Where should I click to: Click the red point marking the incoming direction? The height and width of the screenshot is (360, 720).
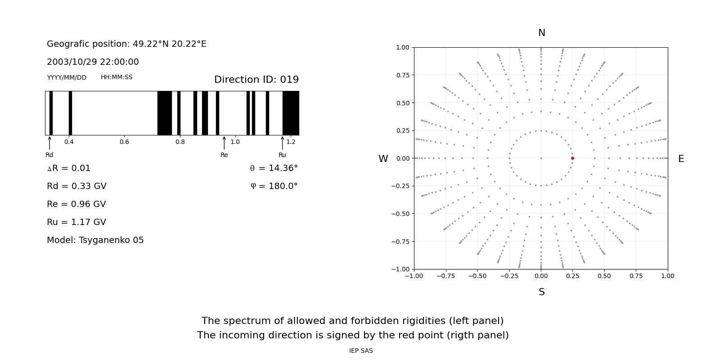click(572, 158)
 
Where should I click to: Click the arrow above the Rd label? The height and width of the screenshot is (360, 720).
click(49, 143)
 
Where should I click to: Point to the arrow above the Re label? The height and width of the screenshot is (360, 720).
click(224, 143)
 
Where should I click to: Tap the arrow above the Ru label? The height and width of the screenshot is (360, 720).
click(282, 143)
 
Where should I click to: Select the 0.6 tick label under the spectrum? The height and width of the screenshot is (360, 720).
click(124, 142)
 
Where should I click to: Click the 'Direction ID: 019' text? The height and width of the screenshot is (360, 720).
click(256, 79)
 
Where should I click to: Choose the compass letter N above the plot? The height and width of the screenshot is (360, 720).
click(542, 33)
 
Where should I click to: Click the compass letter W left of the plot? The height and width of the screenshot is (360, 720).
click(383, 159)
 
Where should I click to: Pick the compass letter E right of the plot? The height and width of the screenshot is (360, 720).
click(681, 159)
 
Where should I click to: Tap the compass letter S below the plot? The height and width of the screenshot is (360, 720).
click(542, 292)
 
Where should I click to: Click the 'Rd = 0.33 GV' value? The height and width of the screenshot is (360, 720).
click(76, 186)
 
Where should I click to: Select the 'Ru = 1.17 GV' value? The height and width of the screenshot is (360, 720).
click(76, 222)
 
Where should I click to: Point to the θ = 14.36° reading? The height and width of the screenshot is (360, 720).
click(274, 168)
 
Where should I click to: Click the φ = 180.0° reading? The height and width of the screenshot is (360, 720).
click(274, 186)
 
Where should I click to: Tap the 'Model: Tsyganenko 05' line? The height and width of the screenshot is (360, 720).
click(95, 240)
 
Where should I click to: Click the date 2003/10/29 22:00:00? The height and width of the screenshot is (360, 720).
click(93, 62)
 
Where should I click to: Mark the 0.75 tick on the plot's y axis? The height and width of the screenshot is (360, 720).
click(403, 75)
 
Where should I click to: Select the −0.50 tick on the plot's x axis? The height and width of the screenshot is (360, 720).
click(477, 276)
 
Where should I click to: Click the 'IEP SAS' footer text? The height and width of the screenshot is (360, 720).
click(361, 351)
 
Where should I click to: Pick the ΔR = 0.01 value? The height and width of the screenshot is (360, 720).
click(69, 168)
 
